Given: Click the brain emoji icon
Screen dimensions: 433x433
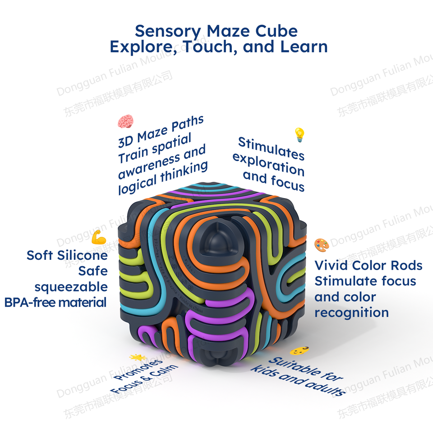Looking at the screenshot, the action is pyautogui.click(x=125, y=121).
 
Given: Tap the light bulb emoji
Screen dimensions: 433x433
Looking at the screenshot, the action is pyautogui.click(x=299, y=134).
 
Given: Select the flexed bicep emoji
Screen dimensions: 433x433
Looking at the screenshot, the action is pyautogui.click(x=99, y=237).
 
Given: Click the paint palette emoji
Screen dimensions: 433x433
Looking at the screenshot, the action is pyautogui.click(x=322, y=245).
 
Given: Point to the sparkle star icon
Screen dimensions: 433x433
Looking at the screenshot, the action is pyautogui.click(x=136, y=358).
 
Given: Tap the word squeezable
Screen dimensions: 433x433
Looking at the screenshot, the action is pyautogui.click(x=71, y=287).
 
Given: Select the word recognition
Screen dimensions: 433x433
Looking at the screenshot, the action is pyautogui.click(x=351, y=313).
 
